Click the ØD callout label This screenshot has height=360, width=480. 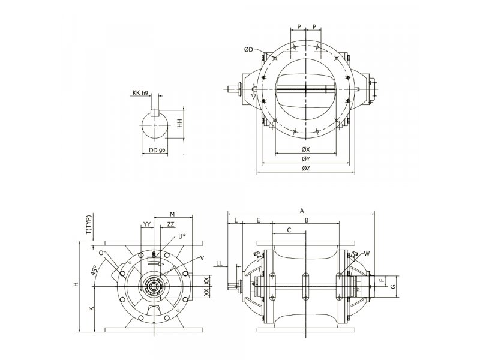point(248,49)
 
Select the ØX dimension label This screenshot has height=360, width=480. point(306,149)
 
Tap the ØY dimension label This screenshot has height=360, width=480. point(306,159)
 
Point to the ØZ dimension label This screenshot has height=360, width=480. point(306,168)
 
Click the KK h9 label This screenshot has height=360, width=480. point(140,93)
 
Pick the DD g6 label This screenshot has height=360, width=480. point(157,151)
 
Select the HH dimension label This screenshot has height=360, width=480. point(179,123)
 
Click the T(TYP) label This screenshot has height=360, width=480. point(88,225)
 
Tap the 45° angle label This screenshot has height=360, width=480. point(94,271)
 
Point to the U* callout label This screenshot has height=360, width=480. point(182,236)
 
